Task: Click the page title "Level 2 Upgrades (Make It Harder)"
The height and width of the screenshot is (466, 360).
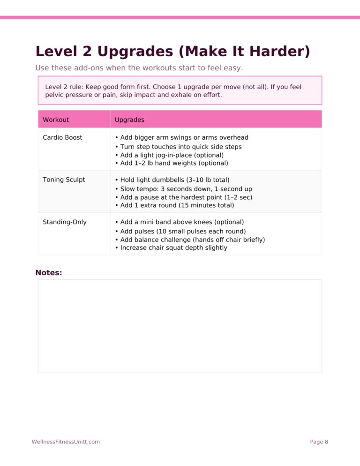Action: tap(172, 51)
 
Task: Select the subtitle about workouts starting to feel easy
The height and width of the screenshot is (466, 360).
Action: tap(139, 68)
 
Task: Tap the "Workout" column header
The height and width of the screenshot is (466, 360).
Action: tap(56, 120)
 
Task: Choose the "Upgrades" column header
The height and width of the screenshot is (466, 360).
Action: tap(129, 120)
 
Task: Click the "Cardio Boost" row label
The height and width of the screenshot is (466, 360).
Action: tap(62, 137)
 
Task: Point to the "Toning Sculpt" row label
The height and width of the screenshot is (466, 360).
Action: tap(64, 180)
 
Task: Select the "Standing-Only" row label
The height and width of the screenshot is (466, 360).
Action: tap(65, 222)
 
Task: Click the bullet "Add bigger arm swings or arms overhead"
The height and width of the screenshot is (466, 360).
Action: tap(181, 137)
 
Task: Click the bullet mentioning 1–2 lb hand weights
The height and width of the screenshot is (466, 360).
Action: tap(172, 163)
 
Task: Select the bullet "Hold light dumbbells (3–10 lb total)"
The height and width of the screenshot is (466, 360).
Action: tap(172, 180)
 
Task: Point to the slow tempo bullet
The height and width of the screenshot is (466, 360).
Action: tap(183, 189)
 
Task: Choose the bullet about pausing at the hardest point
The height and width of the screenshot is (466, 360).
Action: tap(183, 197)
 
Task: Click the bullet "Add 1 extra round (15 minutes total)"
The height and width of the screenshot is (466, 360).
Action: tap(174, 205)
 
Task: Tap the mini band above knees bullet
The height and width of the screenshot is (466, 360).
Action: tap(175, 222)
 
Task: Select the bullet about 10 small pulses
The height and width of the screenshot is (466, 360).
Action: tap(176, 231)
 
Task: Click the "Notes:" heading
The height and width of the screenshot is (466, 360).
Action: tap(49, 272)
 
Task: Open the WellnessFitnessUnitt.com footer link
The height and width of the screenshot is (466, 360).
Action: tap(66, 442)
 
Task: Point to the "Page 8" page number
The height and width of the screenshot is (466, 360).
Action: tap(319, 442)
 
